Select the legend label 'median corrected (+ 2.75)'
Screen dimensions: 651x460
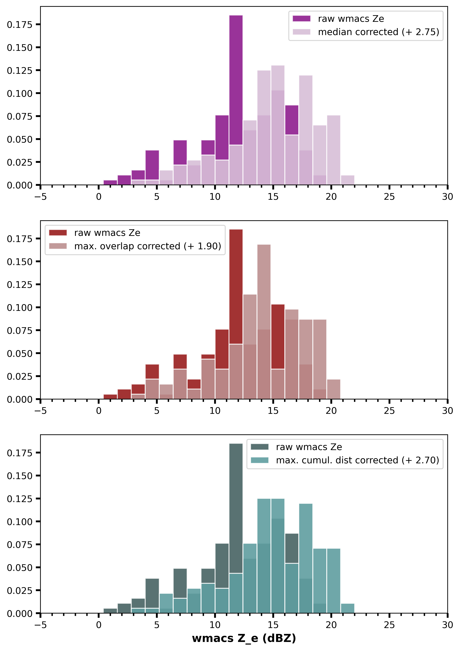click(x=378, y=32)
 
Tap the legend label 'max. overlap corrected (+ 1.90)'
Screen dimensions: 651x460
click(x=148, y=246)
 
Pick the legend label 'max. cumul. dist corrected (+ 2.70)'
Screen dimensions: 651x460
click(x=357, y=460)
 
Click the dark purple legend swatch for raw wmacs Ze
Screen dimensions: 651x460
click(x=301, y=19)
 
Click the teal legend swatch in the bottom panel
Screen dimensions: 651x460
click(x=260, y=460)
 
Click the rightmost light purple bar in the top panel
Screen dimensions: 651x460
click(x=347, y=180)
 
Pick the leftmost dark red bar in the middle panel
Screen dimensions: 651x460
click(x=110, y=397)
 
